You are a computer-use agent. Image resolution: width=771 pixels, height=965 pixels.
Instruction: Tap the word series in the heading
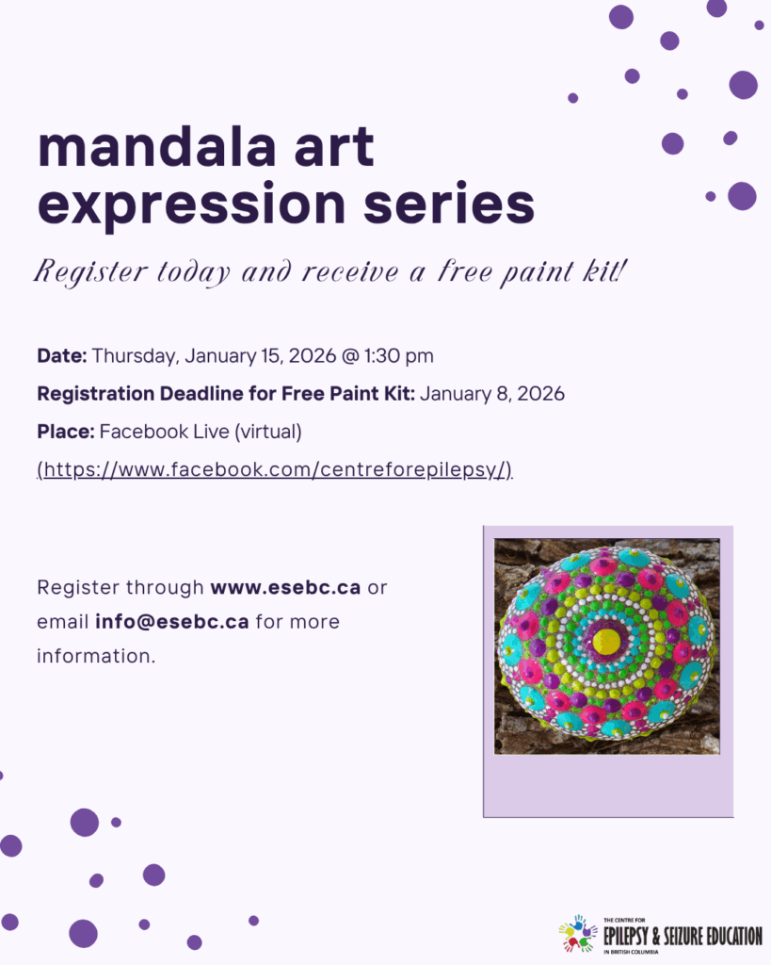coord(449,204)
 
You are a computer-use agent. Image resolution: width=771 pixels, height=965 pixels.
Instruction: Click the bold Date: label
coord(62,355)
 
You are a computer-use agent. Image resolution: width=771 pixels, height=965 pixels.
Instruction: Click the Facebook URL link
coord(274,469)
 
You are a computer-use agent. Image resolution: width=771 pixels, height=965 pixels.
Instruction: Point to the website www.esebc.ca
coord(285,587)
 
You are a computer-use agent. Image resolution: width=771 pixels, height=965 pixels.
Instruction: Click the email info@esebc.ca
coord(172,622)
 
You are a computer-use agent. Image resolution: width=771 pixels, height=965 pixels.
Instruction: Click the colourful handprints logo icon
coord(577,934)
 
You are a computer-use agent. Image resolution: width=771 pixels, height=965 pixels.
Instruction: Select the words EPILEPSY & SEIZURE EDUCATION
coord(683,936)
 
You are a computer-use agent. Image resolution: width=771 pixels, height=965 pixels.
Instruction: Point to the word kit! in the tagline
coord(605,270)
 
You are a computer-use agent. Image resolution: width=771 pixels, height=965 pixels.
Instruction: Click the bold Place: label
coord(66,432)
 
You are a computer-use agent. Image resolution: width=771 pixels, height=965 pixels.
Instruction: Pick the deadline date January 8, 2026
coord(491,393)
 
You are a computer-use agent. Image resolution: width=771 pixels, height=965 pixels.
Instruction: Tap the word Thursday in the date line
coord(136,356)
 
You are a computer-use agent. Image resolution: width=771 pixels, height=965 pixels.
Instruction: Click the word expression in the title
coord(192,204)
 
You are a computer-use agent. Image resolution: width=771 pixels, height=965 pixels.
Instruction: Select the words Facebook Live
coord(164,432)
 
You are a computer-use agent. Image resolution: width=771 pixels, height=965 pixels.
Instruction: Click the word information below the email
coord(96,656)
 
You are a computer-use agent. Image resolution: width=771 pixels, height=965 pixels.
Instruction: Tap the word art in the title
coord(334,148)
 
